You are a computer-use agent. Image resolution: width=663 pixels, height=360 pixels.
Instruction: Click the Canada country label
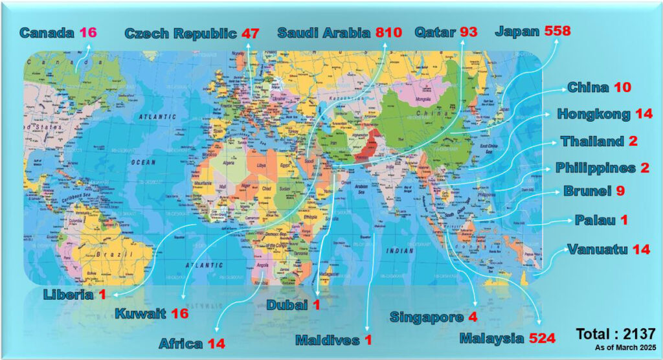47,32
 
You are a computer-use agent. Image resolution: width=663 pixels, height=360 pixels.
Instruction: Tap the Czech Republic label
181,33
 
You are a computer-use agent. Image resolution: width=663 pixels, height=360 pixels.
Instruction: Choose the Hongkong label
594,115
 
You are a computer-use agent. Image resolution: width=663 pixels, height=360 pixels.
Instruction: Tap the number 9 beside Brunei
620,192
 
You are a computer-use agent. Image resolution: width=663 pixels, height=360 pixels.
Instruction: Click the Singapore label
427,317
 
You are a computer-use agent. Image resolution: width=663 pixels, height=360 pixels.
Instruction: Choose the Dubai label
287,305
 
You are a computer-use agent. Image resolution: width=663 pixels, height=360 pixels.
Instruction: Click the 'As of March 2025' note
625,348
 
